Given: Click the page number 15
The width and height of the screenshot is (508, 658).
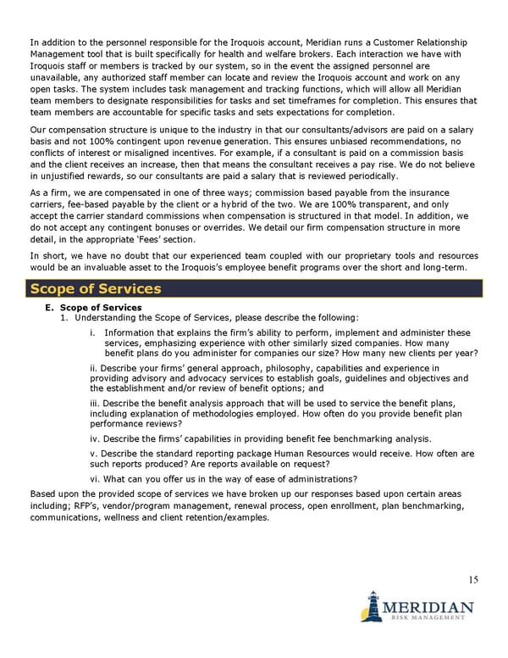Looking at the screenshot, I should [x=472, y=580].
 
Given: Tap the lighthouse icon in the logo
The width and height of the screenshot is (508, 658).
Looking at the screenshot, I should [x=370, y=608].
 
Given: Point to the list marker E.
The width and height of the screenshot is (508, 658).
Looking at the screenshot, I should [x=49, y=307].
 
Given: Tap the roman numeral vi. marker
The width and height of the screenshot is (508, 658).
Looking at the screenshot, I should [x=96, y=479].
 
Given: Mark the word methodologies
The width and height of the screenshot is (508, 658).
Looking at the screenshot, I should [x=209, y=412].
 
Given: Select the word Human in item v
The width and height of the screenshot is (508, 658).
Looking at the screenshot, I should [x=288, y=454].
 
